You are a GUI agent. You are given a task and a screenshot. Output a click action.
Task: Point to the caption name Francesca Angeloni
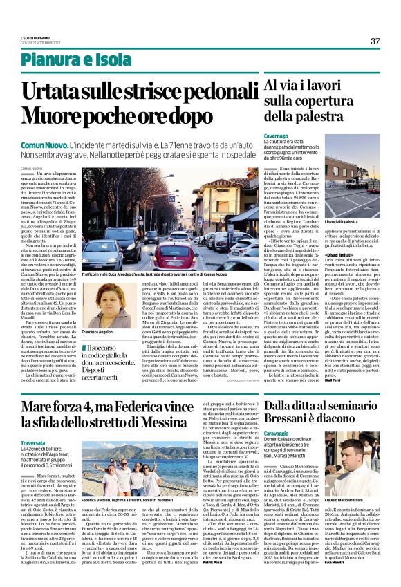pos(102,333)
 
